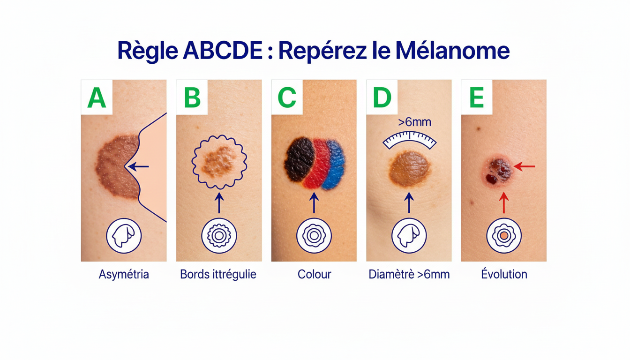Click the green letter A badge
pos(97,97)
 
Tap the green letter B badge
pos(192,97)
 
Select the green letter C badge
pos(287,97)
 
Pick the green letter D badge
pos(382,97)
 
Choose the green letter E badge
pos(477,97)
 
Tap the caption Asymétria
pos(124,274)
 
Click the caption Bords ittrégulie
pos(218,274)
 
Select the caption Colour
pos(314,274)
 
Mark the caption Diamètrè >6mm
pos(409,274)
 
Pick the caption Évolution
pos(504,274)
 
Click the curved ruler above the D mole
pos(410,139)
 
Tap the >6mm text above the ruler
pos(414,123)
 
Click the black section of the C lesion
pos(299,159)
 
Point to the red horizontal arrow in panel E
pos(524,166)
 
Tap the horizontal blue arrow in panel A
pos(138,166)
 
